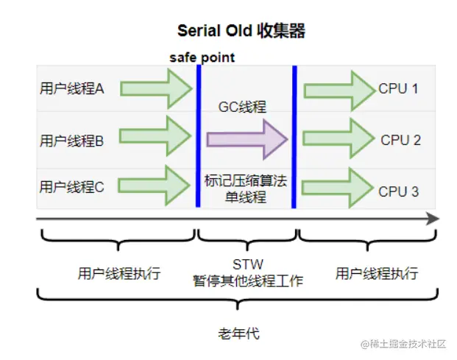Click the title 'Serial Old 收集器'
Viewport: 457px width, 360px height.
[241, 31]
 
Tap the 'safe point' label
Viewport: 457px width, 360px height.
[202, 57]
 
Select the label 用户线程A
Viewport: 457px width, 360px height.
[72, 88]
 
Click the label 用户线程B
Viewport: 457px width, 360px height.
[72, 140]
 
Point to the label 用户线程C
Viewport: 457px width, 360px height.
[72, 187]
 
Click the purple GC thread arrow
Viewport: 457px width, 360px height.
[246, 138]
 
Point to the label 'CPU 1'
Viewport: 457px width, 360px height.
[398, 89]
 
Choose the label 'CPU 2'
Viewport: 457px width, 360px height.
[400, 140]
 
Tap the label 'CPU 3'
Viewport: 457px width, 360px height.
[398, 191]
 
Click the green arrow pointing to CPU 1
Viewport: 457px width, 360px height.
[339, 89]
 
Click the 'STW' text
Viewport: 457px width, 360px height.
[247, 264]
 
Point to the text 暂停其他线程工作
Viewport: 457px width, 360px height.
[247, 280]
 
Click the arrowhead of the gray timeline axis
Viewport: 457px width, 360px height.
[432, 219]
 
